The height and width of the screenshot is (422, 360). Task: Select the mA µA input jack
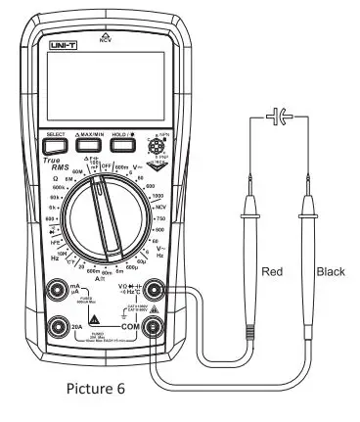tap(60, 291)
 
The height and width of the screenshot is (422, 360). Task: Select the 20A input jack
tap(60, 326)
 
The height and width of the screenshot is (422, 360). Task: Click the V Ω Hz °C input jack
tap(153, 291)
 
